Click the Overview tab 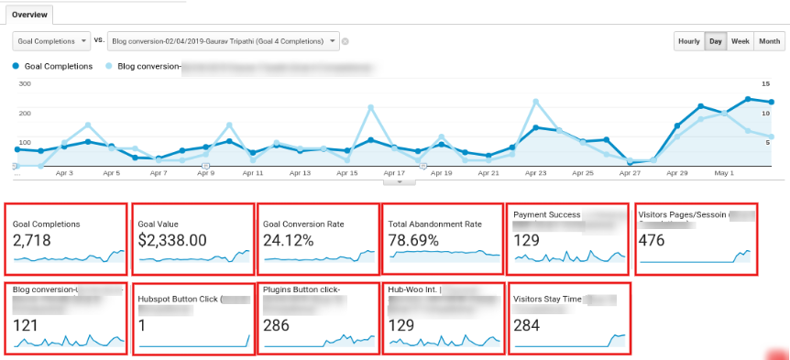28,16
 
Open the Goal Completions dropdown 51,41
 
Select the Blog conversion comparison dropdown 223,41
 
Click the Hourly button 688,41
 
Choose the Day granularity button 715,41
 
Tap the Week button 741,41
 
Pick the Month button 770,41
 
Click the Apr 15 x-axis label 347,172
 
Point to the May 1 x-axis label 724,172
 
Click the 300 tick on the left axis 25,83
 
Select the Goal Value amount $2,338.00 171,240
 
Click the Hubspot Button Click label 179,298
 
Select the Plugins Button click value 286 276,325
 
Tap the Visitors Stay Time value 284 527,325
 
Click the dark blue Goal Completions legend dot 16,67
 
